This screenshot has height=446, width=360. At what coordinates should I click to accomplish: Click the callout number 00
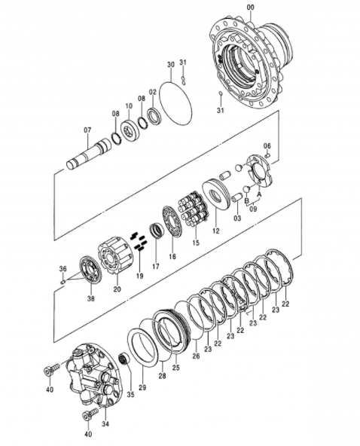(x=251, y=8)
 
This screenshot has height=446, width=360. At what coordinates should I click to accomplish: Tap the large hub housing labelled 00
(x=252, y=63)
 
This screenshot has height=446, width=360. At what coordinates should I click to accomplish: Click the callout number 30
(x=171, y=65)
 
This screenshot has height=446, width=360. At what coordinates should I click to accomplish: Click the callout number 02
(x=153, y=92)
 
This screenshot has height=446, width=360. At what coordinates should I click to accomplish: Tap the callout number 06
(x=267, y=146)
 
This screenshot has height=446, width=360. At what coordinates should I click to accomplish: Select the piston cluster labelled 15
(x=194, y=207)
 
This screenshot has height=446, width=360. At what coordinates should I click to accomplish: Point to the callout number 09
(x=253, y=209)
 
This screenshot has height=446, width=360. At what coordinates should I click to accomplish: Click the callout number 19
(x=139, y=276)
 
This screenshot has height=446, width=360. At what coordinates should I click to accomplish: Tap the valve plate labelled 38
(x=90, y=270)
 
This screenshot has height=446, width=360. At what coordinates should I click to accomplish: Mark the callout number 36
(x=63, y=268)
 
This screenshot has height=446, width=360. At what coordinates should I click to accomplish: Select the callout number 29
(x=142, y=387)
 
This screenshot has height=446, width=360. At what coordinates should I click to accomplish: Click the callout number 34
(x=105, y=424)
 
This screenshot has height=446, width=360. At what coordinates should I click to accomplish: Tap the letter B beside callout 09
(x=247, y=200)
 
